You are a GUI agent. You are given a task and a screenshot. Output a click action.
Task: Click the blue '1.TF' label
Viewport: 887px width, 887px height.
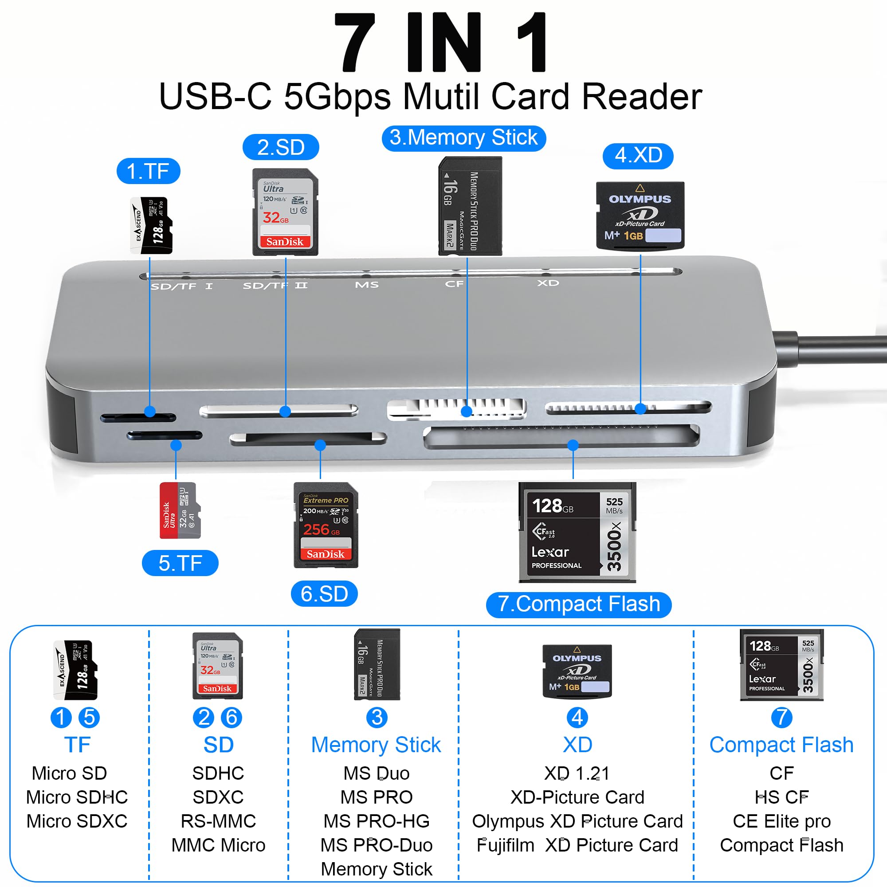click(148, 171)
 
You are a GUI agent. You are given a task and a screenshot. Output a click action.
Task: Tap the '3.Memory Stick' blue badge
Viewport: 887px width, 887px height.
click(464, 138)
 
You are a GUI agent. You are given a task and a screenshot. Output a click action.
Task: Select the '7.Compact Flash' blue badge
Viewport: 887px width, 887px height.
click(578, 604)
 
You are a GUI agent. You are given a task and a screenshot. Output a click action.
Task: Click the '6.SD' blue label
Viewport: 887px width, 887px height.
click(324, 594)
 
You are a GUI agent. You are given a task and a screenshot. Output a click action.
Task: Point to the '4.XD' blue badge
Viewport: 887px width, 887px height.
click(638, 156)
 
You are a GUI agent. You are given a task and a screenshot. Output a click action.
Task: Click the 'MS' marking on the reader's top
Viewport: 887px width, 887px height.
click(367, 285)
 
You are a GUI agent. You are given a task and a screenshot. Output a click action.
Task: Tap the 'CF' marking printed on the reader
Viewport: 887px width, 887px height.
click(454, 284)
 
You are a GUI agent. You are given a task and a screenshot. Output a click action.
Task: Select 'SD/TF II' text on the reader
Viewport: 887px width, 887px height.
click(275, 286)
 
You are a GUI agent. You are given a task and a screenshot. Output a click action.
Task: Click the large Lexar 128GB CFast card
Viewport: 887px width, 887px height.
click(577, 533)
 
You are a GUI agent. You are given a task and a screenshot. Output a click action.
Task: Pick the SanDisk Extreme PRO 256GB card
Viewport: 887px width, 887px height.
click(326, 525)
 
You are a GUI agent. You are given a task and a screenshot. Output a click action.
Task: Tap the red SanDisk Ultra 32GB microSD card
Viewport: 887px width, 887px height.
click(180, 510)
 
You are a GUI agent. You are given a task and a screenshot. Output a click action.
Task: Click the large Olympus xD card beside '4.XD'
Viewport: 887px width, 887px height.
click(640, 216)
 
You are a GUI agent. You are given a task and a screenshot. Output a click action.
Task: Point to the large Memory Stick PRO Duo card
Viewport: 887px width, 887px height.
click(470, 206)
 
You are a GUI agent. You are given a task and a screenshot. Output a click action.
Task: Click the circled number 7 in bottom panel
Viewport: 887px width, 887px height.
click(781, 718)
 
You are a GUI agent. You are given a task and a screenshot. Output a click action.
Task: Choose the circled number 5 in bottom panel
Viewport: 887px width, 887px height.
click(90, 718)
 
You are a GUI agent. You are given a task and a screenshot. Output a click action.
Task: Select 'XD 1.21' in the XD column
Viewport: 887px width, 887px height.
click(577, 773)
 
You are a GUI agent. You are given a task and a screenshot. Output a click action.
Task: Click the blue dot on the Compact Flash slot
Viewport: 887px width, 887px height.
click(573, 445)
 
